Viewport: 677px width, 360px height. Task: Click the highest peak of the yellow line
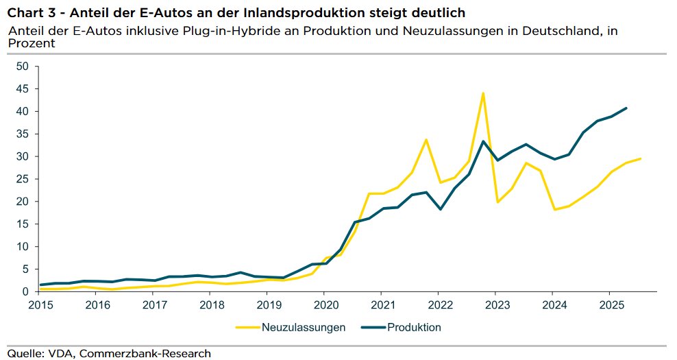pyautogui.click(x=483, y=93)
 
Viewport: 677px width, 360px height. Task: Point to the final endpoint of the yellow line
pyautogui.click(x=640, y=158)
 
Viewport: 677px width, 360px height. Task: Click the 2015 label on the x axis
pyautogui.click(x=41, y=304)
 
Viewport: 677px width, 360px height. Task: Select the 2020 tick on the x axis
pyautogui.click(x=325, y=304)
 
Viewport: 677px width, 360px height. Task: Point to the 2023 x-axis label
pyautogui.click(x=496, y=304)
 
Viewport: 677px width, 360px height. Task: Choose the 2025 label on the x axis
pyautogui.click(x=610, y=304)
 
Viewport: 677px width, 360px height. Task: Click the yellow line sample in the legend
pyautogui.click(x=247, y=327)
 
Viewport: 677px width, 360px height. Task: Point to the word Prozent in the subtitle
pyautogui.click(x=31, y=43)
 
